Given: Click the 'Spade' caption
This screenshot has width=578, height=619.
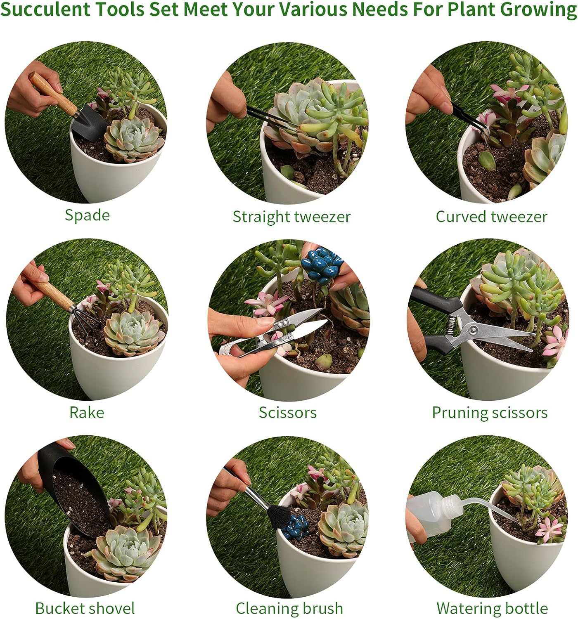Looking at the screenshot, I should [x=87, y=215].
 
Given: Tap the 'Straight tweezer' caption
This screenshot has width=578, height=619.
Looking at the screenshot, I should [x=291, y=217].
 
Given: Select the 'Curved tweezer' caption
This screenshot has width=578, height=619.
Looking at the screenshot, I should [x=491, y=217].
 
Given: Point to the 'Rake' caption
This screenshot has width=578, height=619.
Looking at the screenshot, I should [x=86, y=412].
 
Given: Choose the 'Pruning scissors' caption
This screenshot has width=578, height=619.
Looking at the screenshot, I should [x=490, y=412].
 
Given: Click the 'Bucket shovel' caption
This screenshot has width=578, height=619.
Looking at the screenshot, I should [x=85, y=608].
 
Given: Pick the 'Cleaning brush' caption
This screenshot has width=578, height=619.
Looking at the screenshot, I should [x=289, y=608].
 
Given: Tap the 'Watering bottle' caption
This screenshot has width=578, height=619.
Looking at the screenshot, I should [x=492, y=608].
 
